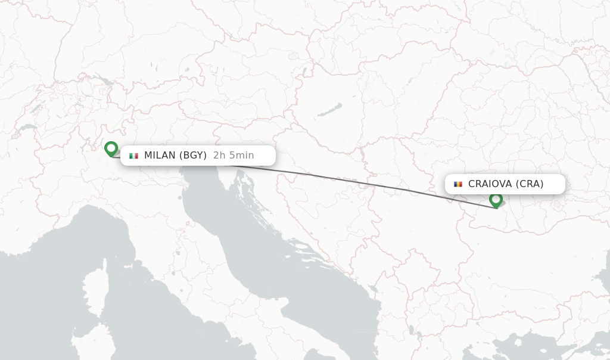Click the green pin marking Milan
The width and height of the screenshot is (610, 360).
(111, 148)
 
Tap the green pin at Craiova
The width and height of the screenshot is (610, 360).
(496, 199)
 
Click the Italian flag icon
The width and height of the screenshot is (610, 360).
(133, 156)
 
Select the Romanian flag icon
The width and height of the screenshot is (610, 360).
(457, 184)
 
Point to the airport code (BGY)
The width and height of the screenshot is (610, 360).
(193, 156)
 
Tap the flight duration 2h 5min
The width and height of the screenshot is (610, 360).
(234, 156)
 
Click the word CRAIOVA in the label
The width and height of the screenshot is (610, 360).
(490, 184)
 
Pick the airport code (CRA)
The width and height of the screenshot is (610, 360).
(530, 184)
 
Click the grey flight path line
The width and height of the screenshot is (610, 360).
(357, 181)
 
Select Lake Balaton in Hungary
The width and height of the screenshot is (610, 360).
(329, 110)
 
